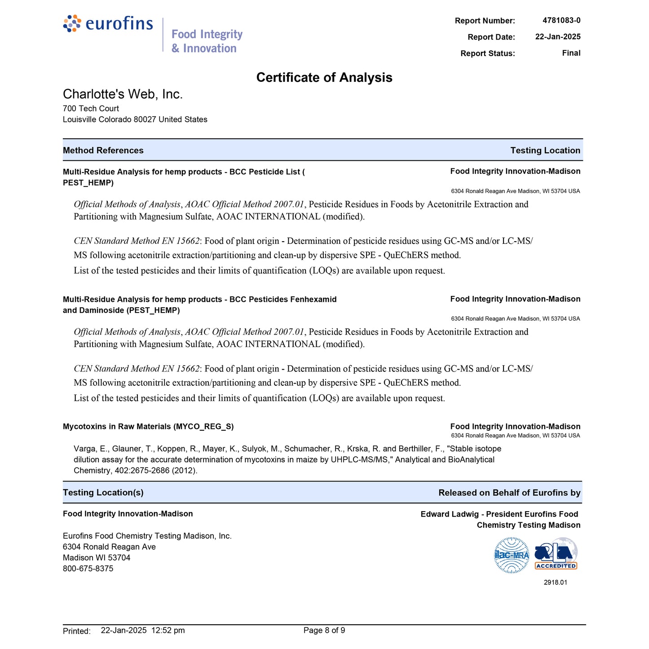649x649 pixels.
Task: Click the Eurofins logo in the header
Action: pos(108,23)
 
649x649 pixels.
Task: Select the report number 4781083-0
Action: pos(561,20)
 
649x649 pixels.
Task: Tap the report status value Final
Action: pos(571,53)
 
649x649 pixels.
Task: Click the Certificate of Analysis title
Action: pos(324,78)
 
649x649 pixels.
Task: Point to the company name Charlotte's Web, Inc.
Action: pos(123,94)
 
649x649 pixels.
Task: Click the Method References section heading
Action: pos(103,150)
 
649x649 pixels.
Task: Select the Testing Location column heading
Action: pos(545,150)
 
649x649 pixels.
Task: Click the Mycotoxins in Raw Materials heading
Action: pos(148,427)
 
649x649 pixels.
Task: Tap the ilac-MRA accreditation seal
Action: pos(512,555)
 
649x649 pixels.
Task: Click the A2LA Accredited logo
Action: pos(556,554)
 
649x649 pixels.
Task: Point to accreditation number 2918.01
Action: pos(555,583)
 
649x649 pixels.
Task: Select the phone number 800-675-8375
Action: pos(88,569)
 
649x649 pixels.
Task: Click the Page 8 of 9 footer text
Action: pos(324,631)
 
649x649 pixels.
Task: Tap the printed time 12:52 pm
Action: pos(168,631)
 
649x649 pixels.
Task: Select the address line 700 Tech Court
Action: pos(91,109)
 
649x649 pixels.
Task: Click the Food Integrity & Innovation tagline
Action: pos(207,41)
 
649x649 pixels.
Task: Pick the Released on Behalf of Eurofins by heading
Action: pos(509,493)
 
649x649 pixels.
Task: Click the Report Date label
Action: pos(491,37)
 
